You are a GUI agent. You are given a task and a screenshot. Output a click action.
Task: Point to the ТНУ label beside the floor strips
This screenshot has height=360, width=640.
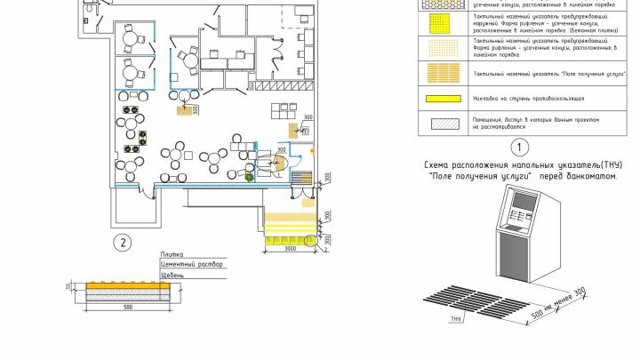455,317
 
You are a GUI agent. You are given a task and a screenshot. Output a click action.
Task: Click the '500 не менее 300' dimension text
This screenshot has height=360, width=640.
557,305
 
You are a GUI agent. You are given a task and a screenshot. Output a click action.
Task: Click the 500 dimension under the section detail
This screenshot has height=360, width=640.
128,307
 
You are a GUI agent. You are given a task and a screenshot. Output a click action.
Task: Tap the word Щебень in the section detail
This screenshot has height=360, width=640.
172,276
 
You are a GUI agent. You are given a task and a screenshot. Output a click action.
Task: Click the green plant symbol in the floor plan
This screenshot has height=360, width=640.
250,175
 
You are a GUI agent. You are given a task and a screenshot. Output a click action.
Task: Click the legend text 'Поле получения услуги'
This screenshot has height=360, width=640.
537,72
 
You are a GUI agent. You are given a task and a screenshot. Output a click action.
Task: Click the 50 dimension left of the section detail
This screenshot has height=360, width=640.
68,285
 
